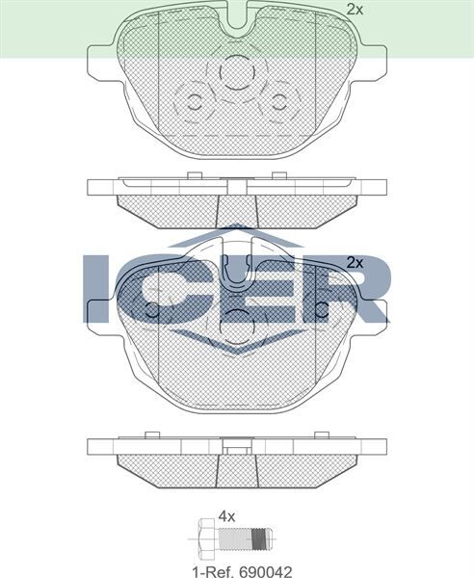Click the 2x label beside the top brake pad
[x=355, y=10]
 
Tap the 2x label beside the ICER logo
[x=354, y=262]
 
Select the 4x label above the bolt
[x=227, y=516]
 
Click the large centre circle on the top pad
[x=236, y=74]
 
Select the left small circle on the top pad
[x=193, y=104]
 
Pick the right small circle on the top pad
[x=280, y=104]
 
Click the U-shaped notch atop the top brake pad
[x=237, y=13]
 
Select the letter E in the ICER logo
[x=275, y=286]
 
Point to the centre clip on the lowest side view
[x=237, y=445]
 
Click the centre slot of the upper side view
[x=237, y=205]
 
